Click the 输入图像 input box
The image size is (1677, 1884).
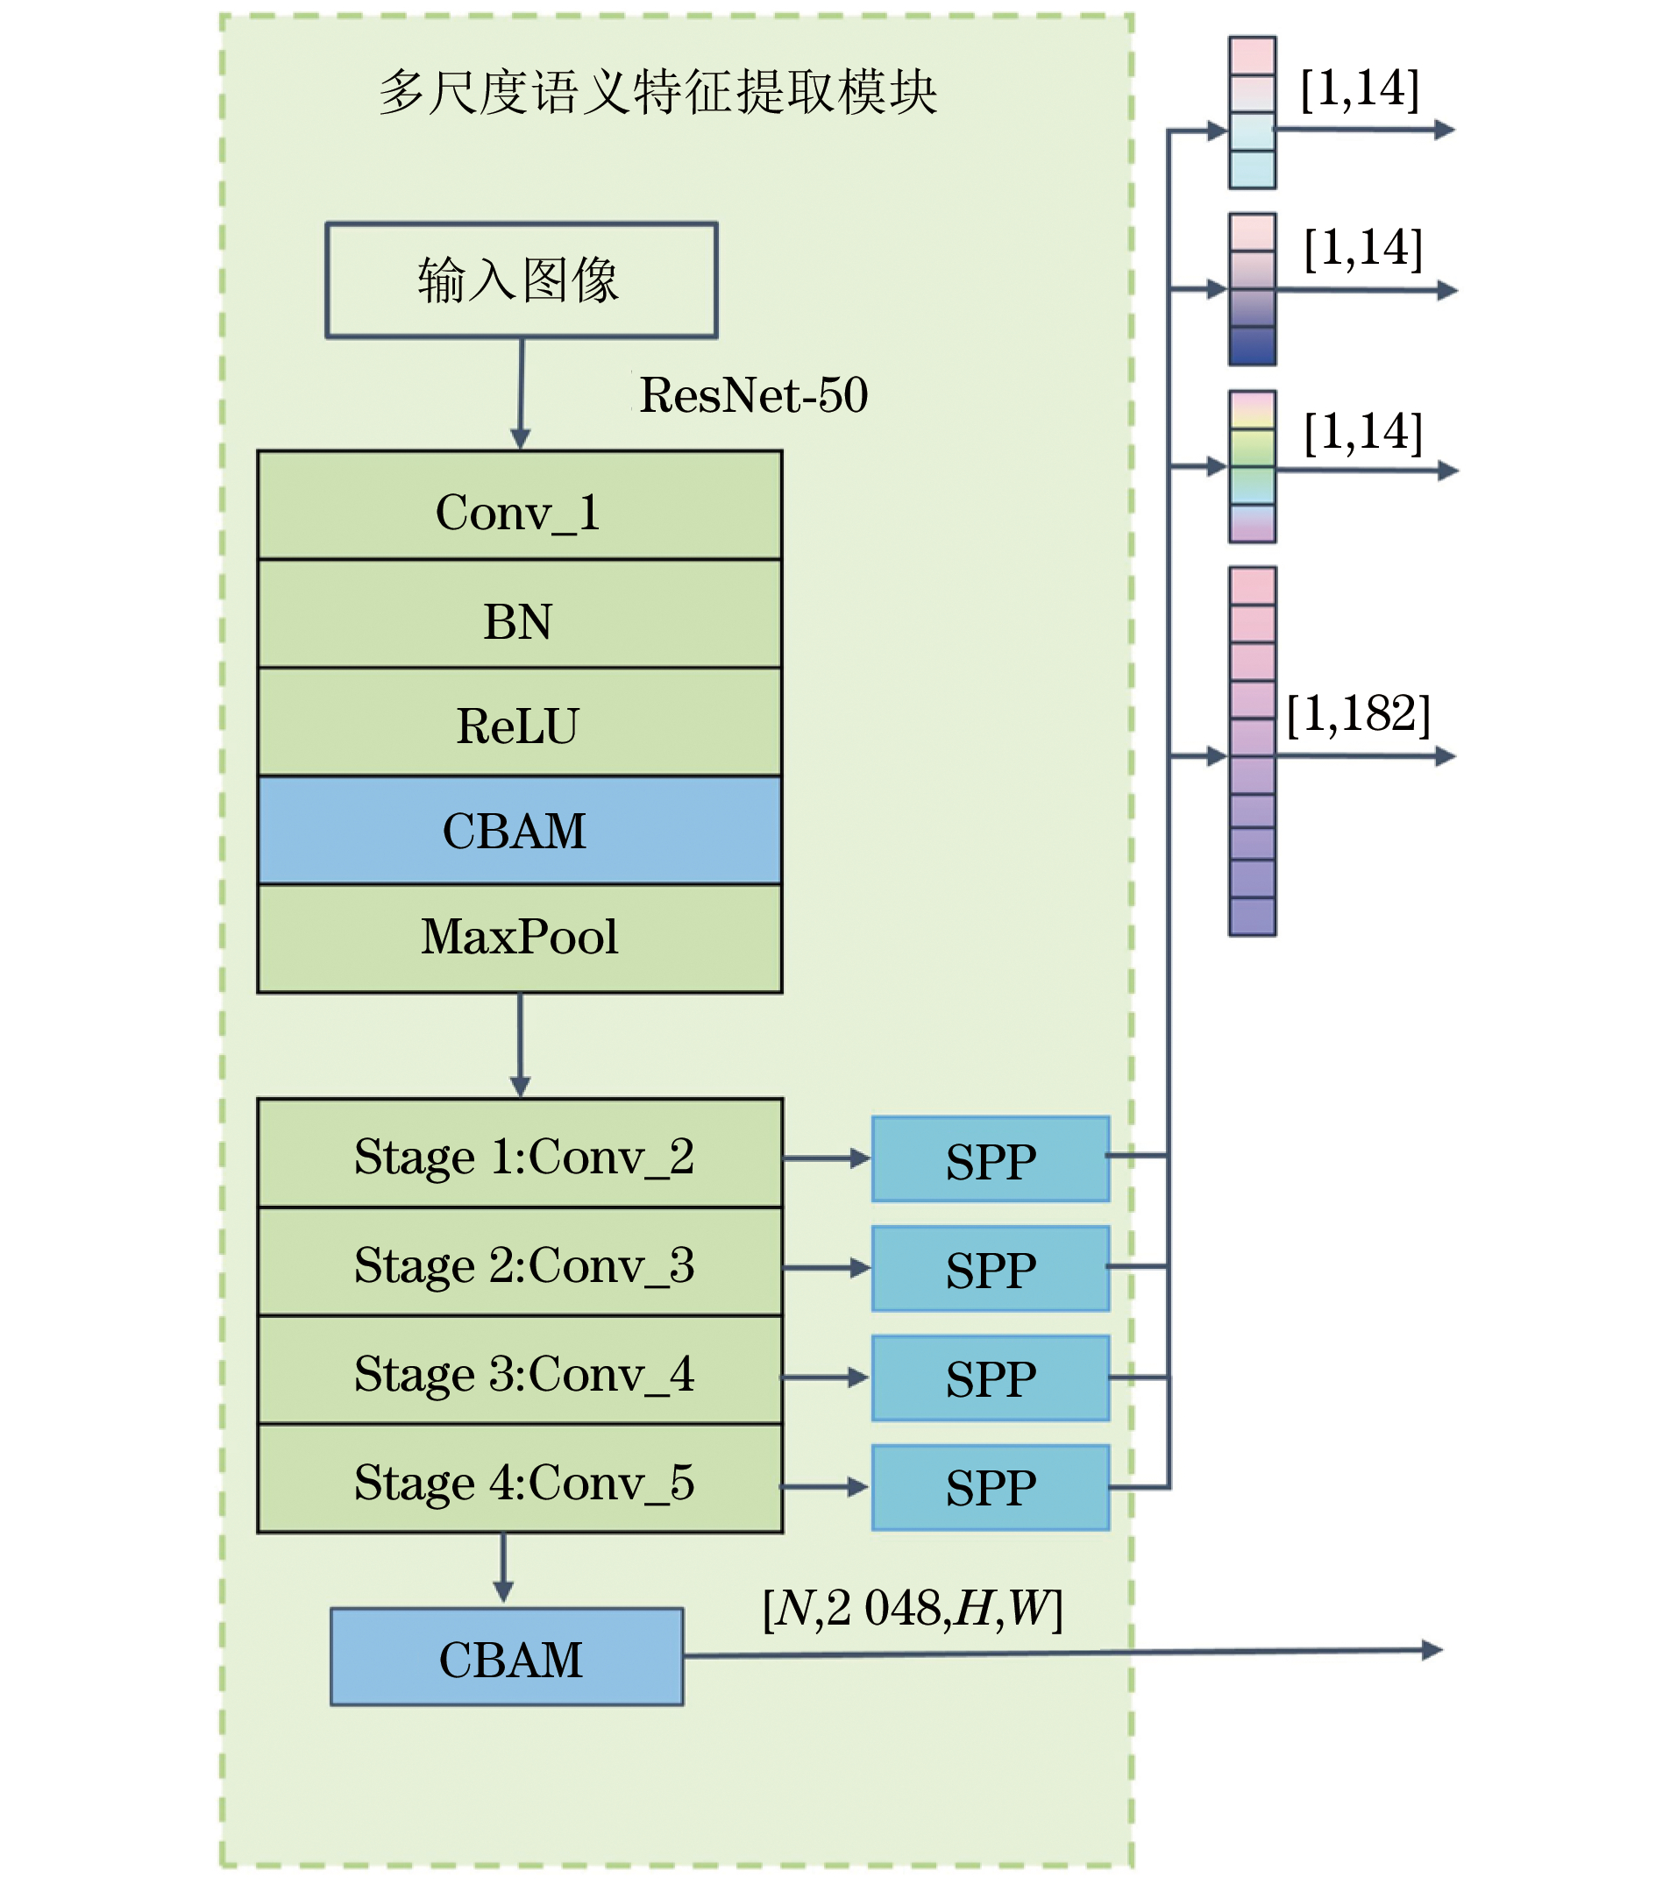[521, 280]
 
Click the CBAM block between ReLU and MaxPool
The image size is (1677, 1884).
[519, 830]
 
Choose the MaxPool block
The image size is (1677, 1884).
[519, 938]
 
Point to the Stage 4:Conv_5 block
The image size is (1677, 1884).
[521, 1479]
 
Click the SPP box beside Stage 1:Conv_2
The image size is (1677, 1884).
[991, 1158]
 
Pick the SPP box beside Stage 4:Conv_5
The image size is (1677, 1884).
[991, 1488]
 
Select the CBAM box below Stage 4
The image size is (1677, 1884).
[507, 1657]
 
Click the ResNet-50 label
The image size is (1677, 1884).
[753, 395]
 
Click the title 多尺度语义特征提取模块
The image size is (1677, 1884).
[657, 93]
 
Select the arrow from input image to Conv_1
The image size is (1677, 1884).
[521, 393]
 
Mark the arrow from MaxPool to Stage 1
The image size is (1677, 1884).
[520, 1045]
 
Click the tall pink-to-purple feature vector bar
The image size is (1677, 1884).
[1252, 751]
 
